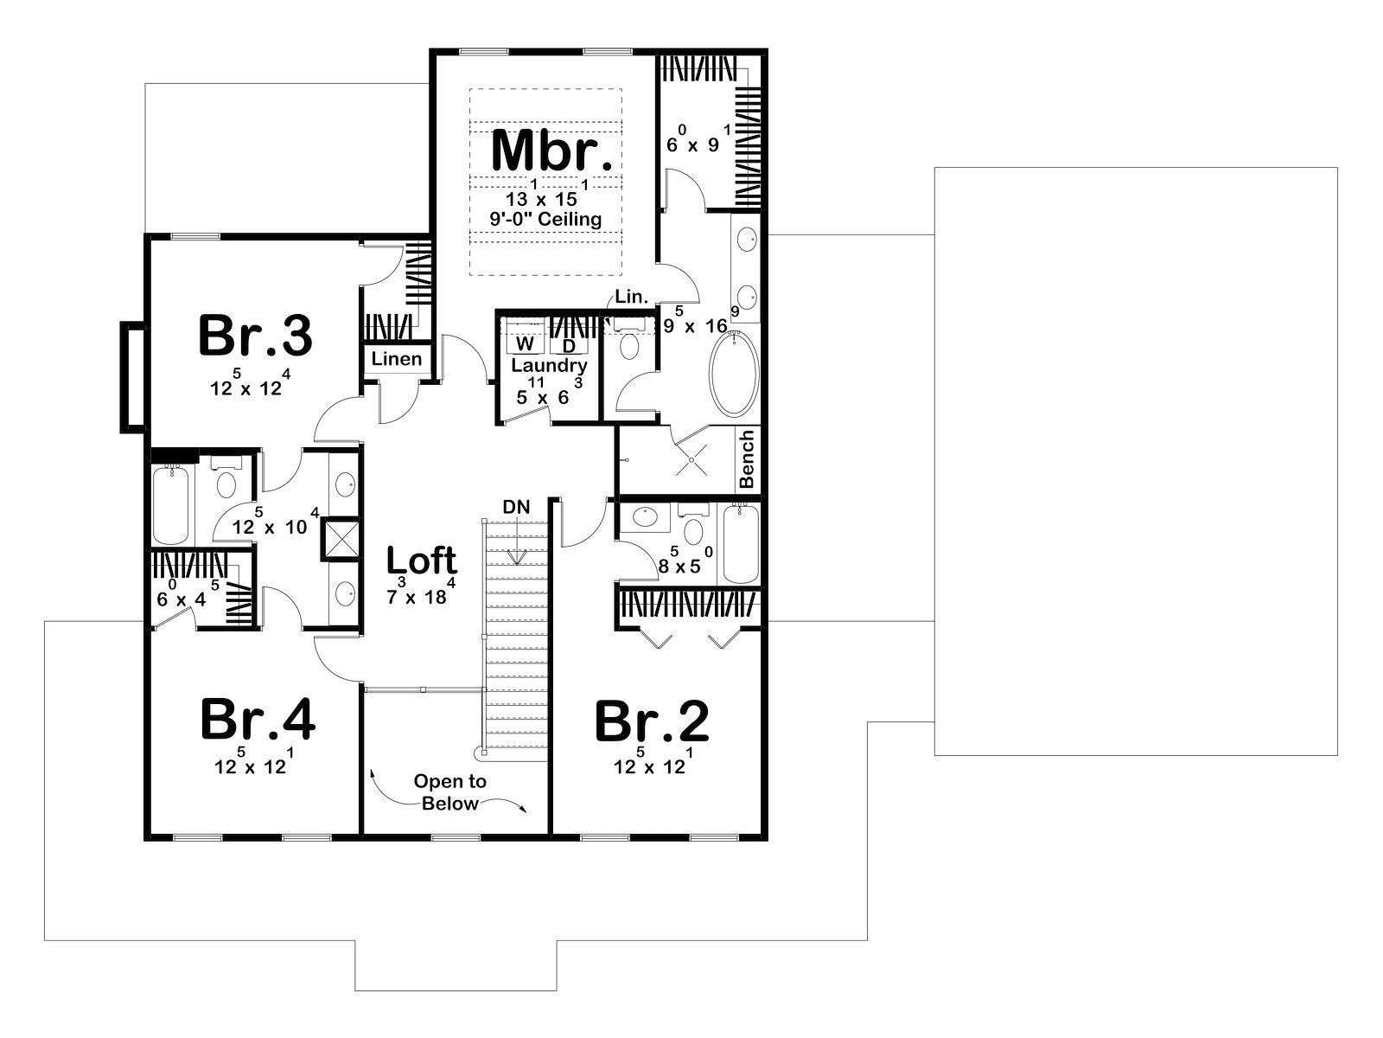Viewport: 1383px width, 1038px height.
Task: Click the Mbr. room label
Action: [x=551, y=150]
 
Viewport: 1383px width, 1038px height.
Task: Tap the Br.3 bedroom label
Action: [x=254, y=336]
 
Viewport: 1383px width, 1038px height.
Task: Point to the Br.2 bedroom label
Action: [x=652, y=721]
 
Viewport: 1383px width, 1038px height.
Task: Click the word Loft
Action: [x=422, y=560]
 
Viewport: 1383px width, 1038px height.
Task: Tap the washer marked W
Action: [x=526, y=344]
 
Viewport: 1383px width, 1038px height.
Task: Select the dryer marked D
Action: [x=569, y=345]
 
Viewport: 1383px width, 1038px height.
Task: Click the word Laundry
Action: [x=550, y=365]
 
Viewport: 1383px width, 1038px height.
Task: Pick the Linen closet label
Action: [x=396, y=359]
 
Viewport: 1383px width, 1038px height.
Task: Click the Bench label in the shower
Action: [x=747, y=458]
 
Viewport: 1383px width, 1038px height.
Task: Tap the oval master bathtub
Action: [x=734, y=373]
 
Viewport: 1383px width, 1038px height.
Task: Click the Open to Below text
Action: [x=449, y=792]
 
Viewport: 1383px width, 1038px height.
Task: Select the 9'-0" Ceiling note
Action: [x=545, y=220]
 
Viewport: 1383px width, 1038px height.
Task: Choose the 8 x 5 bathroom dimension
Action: [x=685, y=561]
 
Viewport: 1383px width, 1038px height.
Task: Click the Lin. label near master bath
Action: [x=632, y=297]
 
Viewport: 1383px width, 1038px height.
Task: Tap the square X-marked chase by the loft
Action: [x=341, y=539]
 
